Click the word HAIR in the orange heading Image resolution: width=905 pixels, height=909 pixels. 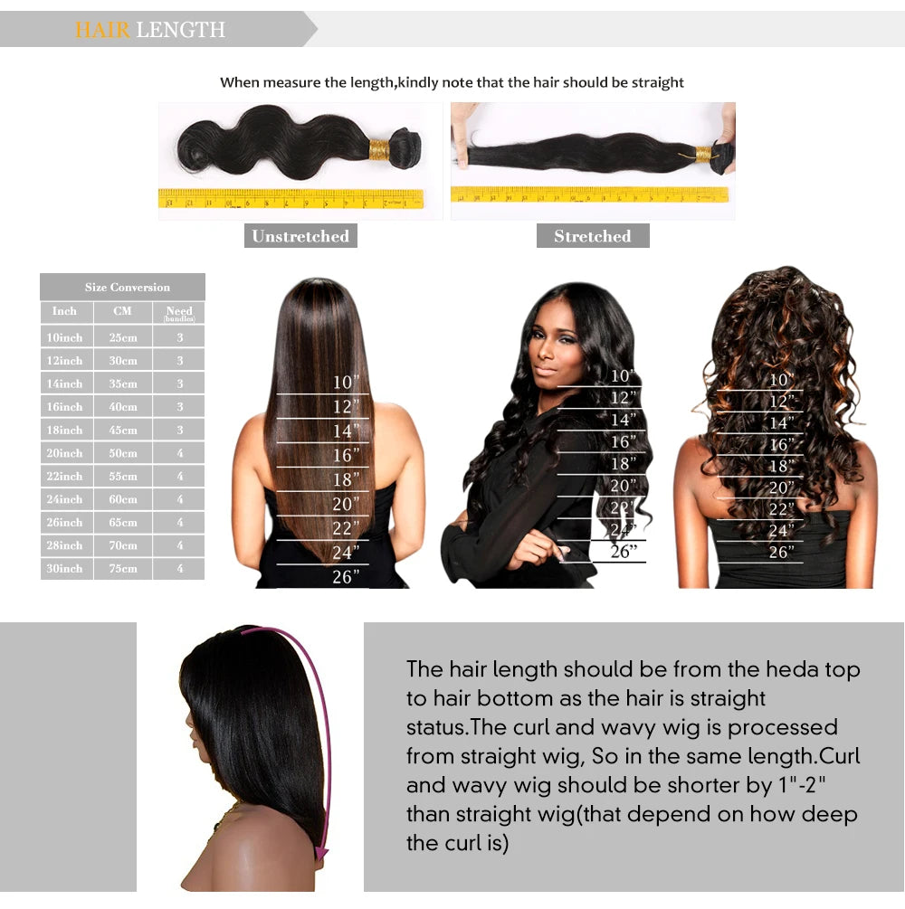click(x=103, y=30)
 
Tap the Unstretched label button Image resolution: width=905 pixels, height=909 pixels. click(x=300, y=236)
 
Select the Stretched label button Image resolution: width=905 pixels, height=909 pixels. click(x=592, y=236)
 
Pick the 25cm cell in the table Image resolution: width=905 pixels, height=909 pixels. click(x=122, y=337)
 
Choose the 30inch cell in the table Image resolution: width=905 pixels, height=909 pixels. click(x=65, y=569)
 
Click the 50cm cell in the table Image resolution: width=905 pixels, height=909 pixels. click(x=122, y=453)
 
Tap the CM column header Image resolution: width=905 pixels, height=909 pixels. click(x=122, y=311)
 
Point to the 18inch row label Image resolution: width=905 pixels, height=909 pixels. click(x=65, y=431)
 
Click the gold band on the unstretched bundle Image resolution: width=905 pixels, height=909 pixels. click(x=378, y=148)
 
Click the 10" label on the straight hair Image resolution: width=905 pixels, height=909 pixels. click(x=346, y=383)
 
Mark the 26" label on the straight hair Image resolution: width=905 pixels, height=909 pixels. click(x=346, y=577)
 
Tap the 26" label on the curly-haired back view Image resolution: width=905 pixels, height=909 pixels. click(x=781, y=552)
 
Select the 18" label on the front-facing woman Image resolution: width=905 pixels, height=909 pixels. click(x=623, y=464)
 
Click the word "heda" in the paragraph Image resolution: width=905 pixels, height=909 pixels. click(x=793, y=669)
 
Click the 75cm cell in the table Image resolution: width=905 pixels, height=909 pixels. click(x=122, y=569)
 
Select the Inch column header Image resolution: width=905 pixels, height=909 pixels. click(x=65, y=311)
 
